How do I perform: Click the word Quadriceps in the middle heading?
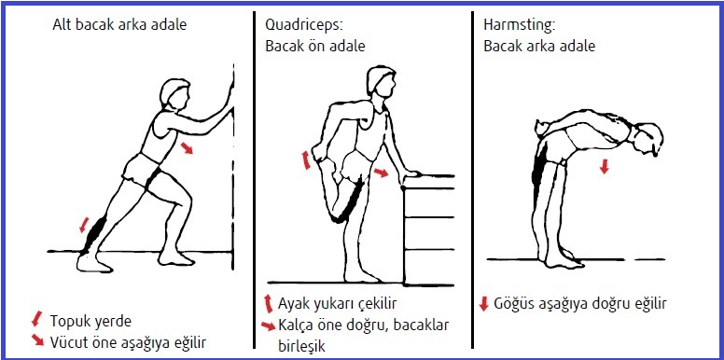point(303,25)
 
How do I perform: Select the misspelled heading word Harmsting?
point(519,25)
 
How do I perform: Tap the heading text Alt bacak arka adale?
point(119,24)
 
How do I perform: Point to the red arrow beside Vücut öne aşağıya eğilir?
point(37,340)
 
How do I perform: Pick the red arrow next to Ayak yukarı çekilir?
point(268,304)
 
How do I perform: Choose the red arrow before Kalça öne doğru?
point(269,325)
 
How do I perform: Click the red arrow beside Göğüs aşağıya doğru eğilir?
point(484,304)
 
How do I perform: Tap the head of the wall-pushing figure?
point(174,93)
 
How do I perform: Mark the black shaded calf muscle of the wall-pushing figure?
point(95,233)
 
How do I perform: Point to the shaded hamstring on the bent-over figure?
point(538,172)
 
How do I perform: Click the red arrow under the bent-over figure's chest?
point(604,166)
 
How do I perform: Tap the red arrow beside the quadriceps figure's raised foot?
point(306,159)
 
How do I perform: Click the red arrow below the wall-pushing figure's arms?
point(187,148)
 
